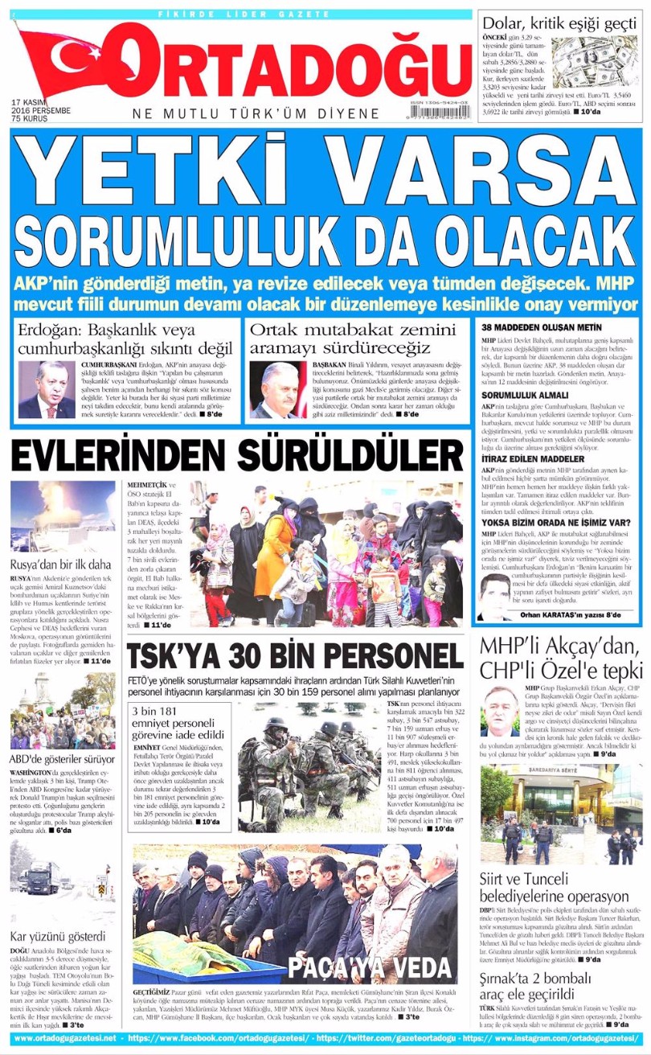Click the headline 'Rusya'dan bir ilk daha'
tap(60, 564)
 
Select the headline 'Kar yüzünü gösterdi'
tap(57, 936)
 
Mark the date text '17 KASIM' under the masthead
tap(31, 102)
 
